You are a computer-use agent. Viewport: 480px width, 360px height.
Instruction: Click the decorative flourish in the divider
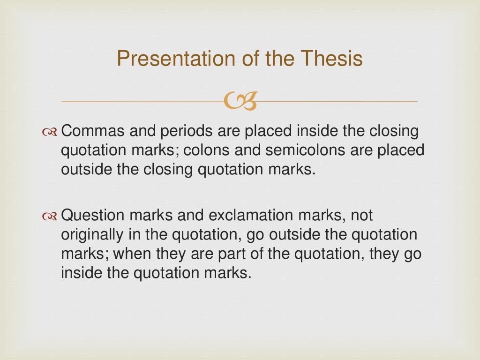pyautogui.click(x=240, y=101)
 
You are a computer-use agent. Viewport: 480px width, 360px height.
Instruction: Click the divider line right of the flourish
pyautogui.click(x=337, y=101)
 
